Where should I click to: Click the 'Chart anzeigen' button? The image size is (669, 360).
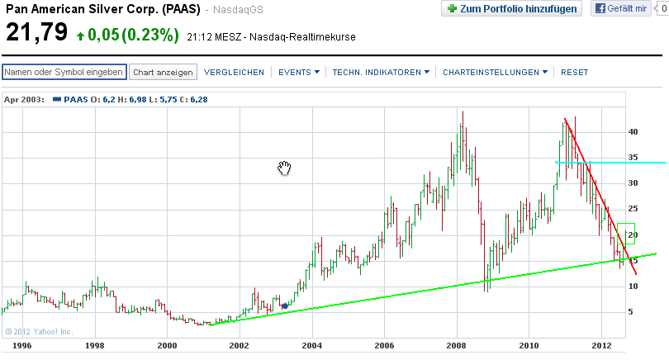click(164, 72)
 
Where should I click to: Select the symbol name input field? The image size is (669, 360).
click(64, 72)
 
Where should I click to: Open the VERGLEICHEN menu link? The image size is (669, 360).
click(234, 73)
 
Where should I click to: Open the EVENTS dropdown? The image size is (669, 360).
click(299, 73)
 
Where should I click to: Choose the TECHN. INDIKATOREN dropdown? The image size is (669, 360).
click(381, 73)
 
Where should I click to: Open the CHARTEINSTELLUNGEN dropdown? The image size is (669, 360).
click(496, 73)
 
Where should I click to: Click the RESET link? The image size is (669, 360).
click(575, 73)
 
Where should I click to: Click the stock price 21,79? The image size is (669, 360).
click(36, 35)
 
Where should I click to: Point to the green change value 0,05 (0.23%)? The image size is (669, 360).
click(132, 36)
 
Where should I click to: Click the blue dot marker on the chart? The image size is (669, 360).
click(285, 306)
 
